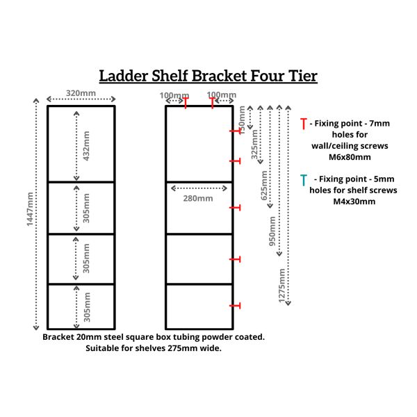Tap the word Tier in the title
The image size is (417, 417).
tap(300, 76)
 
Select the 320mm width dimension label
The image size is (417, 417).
tap(81, 94)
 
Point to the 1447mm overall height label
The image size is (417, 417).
tap(29, 214)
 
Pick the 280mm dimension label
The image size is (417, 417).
tap(198, 199)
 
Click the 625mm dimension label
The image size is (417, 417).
tap(264, 186)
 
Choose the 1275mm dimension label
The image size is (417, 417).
tap(282, 285)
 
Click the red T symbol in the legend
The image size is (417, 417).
tap(303, 124)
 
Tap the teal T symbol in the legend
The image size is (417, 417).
tap(304, 180)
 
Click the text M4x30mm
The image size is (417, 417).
tap(354, 202)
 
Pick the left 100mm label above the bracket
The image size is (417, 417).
tap(174, 95)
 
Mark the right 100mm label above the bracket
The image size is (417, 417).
tap(222, 95)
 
